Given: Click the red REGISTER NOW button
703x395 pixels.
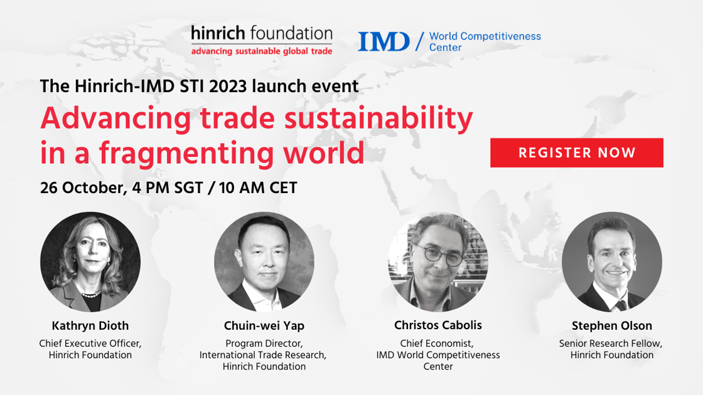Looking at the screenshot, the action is pyautogui.click(x=577, y=153).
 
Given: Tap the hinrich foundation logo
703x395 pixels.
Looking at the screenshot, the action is pyautogui.click(x=262, y=40).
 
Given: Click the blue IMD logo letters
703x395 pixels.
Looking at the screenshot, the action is pyautogui.click(x=384, y=41).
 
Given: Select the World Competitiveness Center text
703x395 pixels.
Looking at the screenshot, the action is pyautogui.click(x=485, y=41).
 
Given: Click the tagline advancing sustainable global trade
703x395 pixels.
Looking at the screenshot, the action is pyautogui.click(x=262, y=51).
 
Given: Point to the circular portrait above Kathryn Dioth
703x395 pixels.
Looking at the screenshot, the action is pyautogui.click(x=90, y=262).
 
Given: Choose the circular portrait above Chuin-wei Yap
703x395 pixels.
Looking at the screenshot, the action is pyautogui.click(x=264, y=262).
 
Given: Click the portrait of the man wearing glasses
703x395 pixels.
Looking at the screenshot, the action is pyautogui.click(x=438, y=262).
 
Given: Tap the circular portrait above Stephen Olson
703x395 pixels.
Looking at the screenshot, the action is pyautogui.click(x=612, y=262).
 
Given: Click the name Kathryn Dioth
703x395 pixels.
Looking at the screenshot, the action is pyautogui.click(x=90, y=325).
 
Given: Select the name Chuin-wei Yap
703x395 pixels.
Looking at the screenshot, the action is pyautogui.click(x=264, y=325).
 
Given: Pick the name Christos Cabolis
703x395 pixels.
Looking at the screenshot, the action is pyautogui.click(x=438, y=325).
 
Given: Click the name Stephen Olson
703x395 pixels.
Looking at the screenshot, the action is pyautogui.click(x=612, y=325).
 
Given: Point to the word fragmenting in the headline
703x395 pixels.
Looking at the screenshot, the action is pyautogui.click(x=187, y=154).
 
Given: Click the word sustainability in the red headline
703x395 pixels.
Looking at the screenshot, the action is pyautogui.click(x=379, y=118).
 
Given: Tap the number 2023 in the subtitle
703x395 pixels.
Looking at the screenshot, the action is pyautogui.click(x=228, y=86).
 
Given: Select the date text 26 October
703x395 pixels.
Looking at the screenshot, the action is pyautogui.click(x=82, y=187).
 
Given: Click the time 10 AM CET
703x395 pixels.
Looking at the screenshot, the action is pyautogui.click(x=258, y=187).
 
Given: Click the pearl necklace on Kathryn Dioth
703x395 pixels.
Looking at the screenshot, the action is pyautogui.click(x=90, y=294).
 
